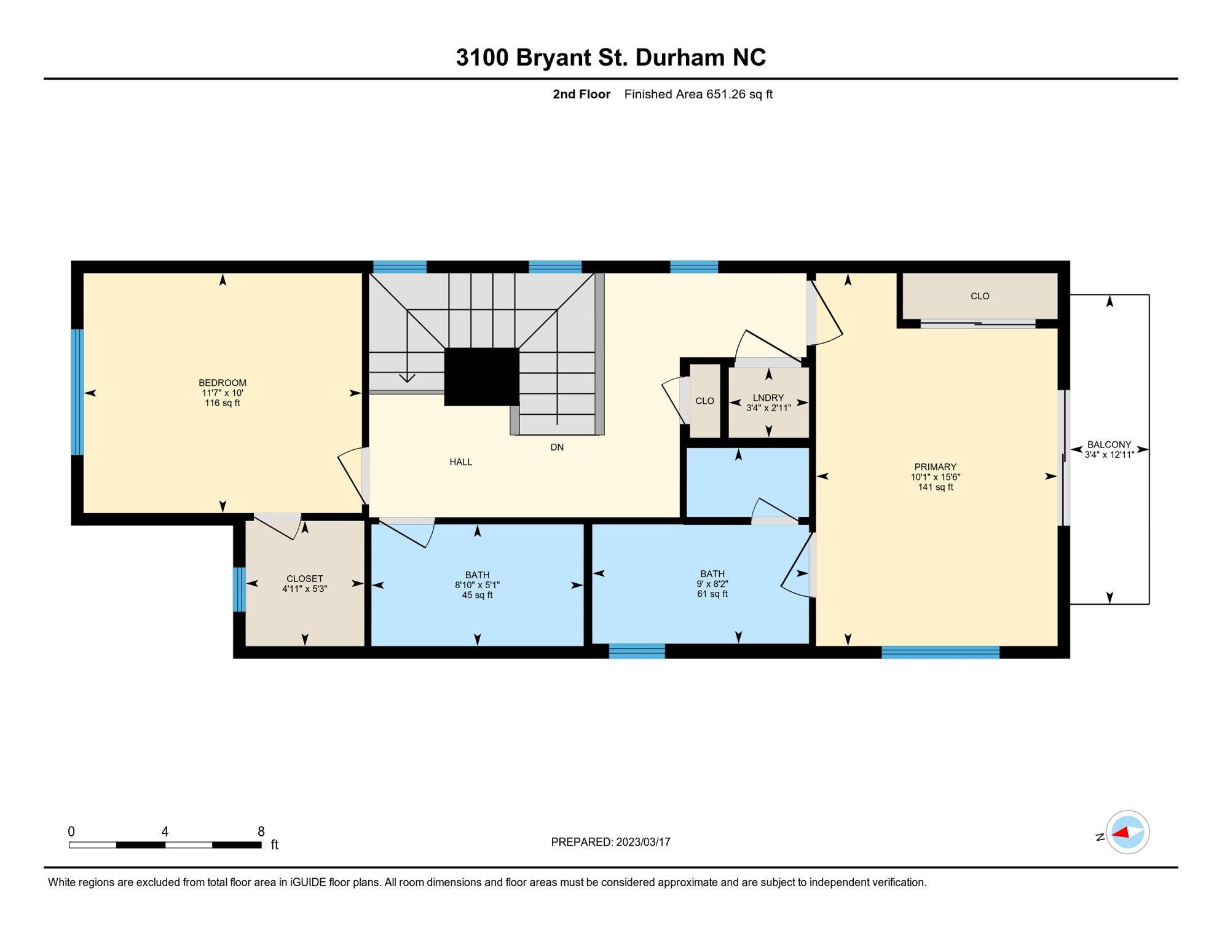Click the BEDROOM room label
coord(223,383)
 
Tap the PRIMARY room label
coord(935,467)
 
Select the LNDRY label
coord(768,398)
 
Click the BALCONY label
coord(1109,445)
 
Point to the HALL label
coord(460,462)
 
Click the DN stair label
coord(557,447)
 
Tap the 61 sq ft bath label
coord(712,584)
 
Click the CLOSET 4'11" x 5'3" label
coord(304,584)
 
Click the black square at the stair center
coord(481,377)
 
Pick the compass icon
coord(1127,833)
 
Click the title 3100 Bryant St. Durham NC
coord(610,58)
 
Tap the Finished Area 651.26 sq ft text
coord(698,95)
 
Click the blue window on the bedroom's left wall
coord(77,392)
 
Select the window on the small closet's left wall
coord(239,589)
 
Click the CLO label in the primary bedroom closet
coord(980,296)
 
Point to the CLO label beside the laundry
coord(704,401)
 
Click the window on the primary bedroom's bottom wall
coord(940,653)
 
